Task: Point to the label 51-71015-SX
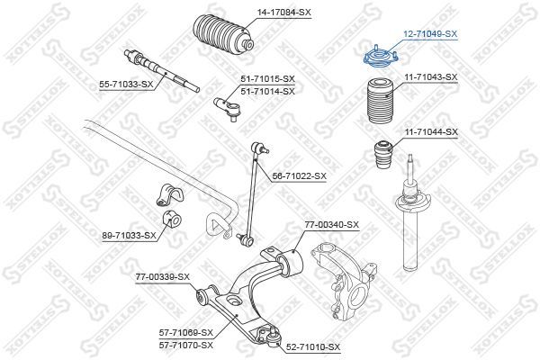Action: click(267, 80)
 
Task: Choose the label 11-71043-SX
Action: click(431, 78)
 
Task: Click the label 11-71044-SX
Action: click(431, 132)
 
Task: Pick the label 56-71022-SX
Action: click(300, 176)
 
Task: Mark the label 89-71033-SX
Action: click(129, 236)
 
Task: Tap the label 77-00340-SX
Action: click(330, 224)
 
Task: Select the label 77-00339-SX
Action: click(163, 276)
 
